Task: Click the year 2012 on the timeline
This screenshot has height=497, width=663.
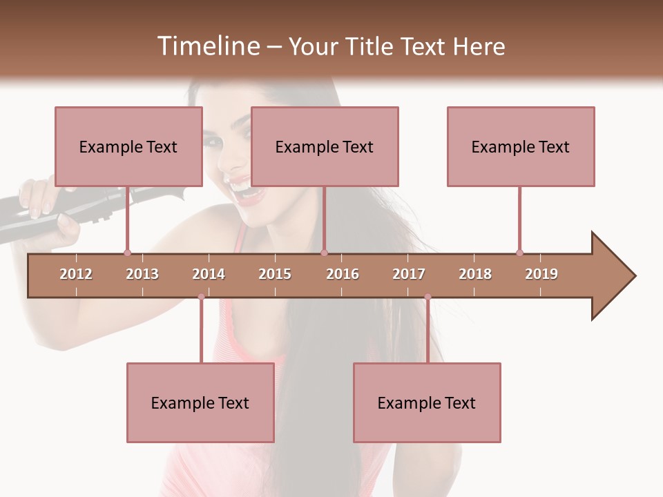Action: (76, 274)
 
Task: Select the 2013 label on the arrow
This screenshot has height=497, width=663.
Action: (142, 274)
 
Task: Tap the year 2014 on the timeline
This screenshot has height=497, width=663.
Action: (209, 274)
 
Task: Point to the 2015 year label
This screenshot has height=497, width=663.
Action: (275, 274)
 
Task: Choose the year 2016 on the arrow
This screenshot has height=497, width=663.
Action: (343, 274)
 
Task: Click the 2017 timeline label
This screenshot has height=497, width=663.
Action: (409, 274)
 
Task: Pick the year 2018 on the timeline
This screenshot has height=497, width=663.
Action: (475, 274)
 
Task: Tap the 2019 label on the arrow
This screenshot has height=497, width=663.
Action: (541, 274)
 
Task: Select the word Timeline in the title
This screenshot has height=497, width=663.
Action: (207, 46)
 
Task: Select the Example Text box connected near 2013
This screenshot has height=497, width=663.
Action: (128, 146)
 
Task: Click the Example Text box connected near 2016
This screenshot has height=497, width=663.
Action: (325, 146)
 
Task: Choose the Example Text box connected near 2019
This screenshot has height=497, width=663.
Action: (521, 146)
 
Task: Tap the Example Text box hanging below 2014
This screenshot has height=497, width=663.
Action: (200, 402)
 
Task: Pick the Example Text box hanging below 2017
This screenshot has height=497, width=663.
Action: (427, 402)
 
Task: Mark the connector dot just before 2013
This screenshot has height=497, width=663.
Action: (127, 253)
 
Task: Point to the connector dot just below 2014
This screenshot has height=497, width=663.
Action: (201, 297)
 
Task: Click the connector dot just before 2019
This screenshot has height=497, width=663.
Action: (519, 253)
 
